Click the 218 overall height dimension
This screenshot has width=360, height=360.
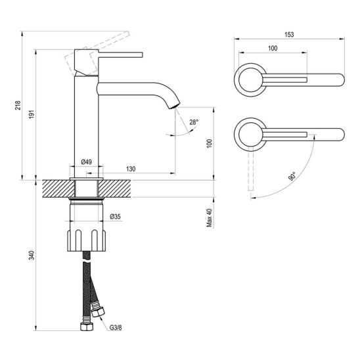(x=18, y=105)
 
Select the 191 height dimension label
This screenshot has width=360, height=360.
(x=32, y=114)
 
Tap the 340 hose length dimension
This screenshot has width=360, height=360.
(x=32, y=256)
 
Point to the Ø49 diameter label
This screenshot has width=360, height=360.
(x=86, y=162)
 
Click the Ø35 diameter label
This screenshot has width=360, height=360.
(x=115, y=217)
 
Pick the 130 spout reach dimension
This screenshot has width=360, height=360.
(x=131, y=169)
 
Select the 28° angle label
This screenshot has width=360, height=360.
(x=194, y=122)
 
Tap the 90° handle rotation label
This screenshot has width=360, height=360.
(x=292, y=177)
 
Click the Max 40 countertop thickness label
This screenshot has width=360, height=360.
(x=210, y=218)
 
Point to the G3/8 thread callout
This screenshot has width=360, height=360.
(x=116, y=328)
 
